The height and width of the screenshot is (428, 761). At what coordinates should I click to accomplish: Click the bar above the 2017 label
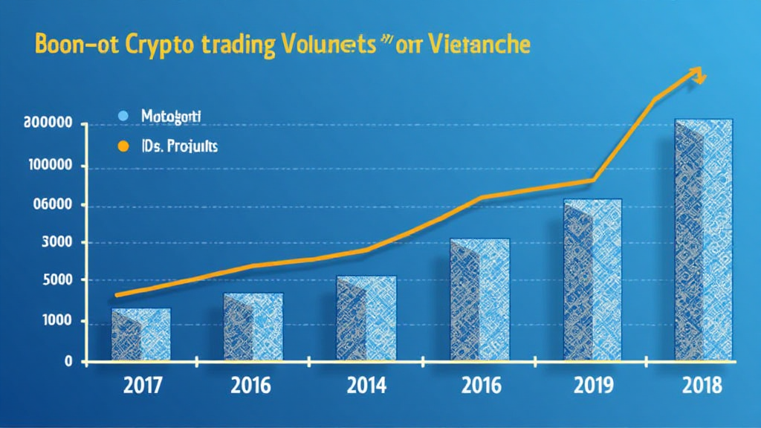(141, 334)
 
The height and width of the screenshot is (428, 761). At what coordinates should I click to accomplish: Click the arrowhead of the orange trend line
(698, 73)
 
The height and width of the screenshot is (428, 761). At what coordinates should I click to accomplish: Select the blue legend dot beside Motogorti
(123, 116)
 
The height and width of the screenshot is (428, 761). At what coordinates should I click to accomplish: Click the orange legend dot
(123, 146)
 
